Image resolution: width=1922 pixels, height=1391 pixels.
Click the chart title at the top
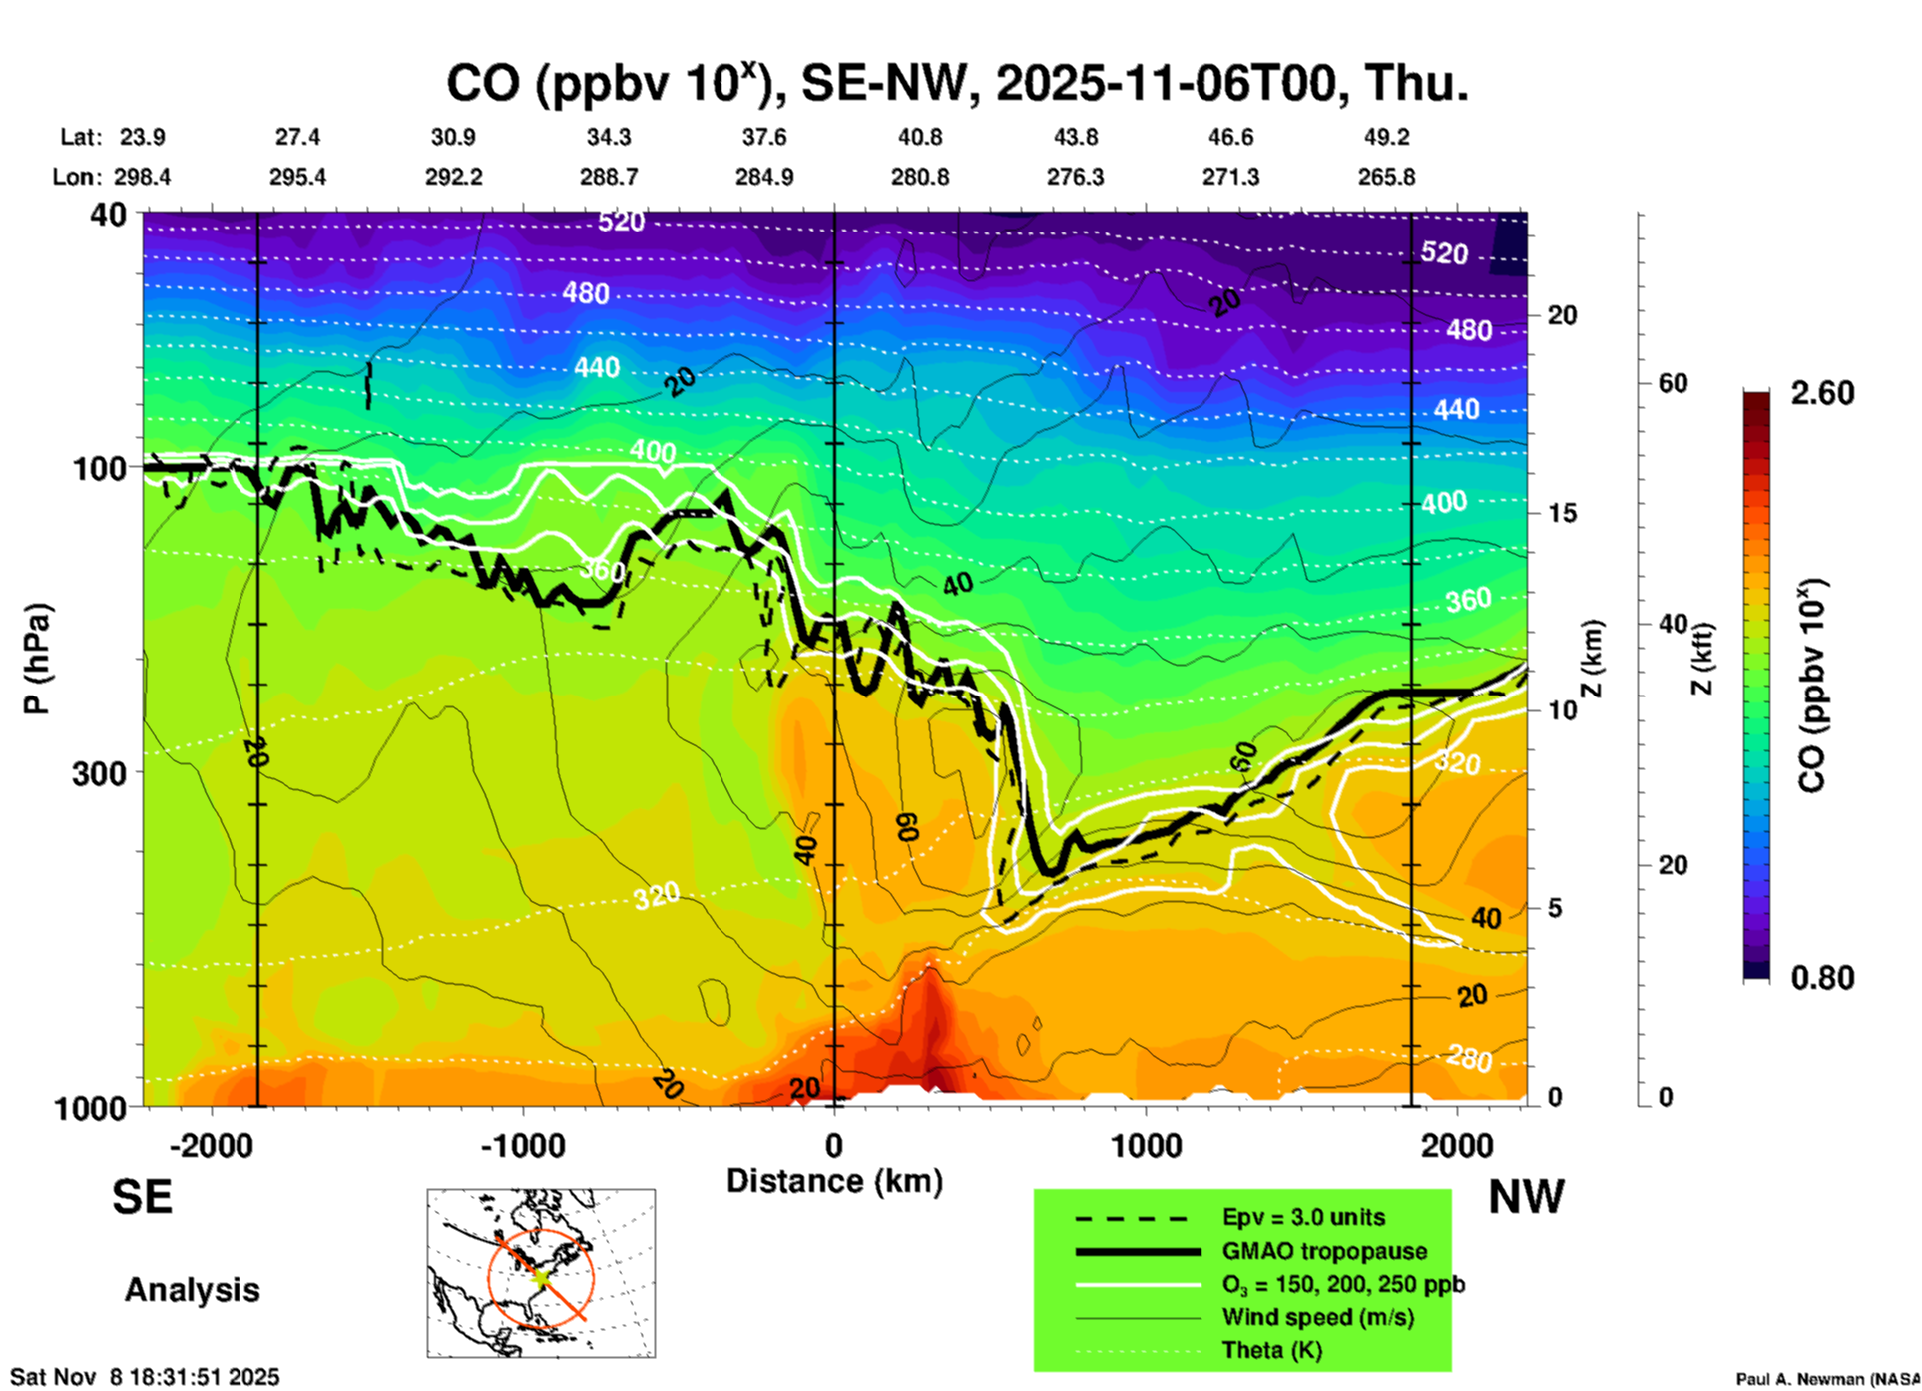coord(957,83)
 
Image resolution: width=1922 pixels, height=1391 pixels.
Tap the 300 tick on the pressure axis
coord(99,773)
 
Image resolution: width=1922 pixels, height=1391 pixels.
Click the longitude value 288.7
coord(609,177)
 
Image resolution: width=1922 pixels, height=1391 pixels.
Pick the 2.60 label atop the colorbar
coord(1822,393)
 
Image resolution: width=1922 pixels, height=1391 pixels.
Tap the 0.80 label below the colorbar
coord(1822,978)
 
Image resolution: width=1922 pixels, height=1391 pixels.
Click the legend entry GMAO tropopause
coord(1324,1251)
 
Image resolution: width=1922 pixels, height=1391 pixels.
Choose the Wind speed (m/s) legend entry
coord(1317,1317)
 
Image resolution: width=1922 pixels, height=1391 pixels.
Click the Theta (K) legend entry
coord(1271,1350)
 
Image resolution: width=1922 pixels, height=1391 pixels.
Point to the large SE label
coord(142,1197)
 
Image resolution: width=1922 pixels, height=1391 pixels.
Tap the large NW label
coord(1526,1197)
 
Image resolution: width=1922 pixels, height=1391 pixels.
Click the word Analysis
coord(192,1290)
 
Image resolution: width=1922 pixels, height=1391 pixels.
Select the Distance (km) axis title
coord(834,1181)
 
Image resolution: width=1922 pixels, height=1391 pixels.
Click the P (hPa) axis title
coord(36,659)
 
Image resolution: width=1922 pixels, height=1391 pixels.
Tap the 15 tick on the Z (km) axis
coord(1562,513)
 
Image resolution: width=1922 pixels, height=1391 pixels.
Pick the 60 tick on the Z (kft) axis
coord(1673,383)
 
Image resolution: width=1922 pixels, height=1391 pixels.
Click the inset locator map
coord(541,1273)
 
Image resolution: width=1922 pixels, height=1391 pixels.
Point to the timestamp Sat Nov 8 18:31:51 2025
coord(145,1377)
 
